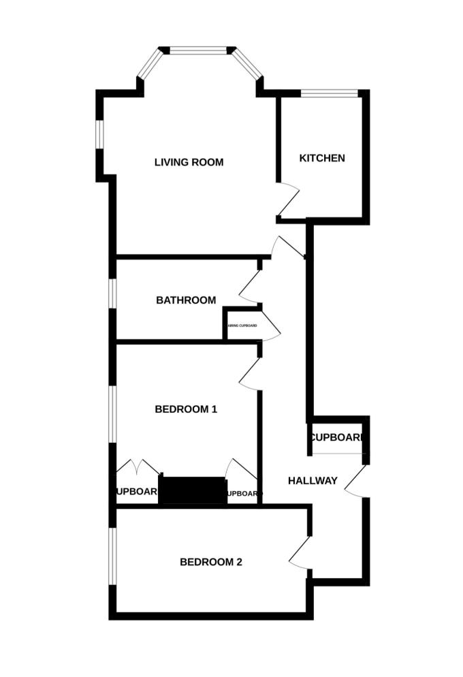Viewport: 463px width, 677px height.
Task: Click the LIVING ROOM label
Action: pos(189,162)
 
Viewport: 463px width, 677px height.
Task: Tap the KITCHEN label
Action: pos(322,158)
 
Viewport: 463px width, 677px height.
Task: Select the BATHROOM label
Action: pos(186,300)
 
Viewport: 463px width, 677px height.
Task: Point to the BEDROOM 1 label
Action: pos(186,409)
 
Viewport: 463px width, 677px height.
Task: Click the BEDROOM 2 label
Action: pos(211,562)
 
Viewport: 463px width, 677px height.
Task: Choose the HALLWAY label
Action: pos(313,480)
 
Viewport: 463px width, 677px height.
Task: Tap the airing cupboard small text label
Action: pos(242,326)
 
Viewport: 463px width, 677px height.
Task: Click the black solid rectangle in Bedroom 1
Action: pos(193,490)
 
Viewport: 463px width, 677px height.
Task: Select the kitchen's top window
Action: pos(330,93)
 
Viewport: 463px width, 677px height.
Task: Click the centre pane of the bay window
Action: pos(198,50)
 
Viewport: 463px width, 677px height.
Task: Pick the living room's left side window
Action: pos(99,144)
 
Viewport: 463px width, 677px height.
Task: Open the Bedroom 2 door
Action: pos(300,552)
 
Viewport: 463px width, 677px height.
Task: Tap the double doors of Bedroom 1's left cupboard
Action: pos(138,468)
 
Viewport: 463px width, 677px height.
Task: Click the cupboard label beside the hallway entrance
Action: pos(337,437)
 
